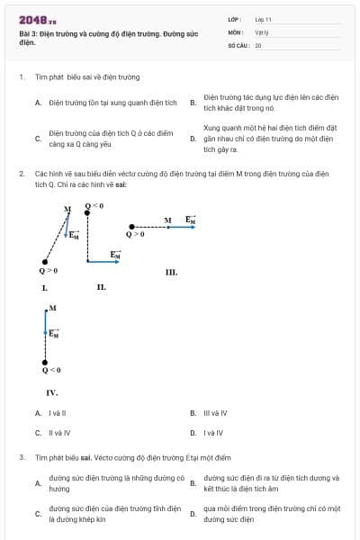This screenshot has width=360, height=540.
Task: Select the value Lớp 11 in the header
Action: click(x=263, y=19)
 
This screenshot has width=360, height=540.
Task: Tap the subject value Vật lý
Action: click(x=262, y=31)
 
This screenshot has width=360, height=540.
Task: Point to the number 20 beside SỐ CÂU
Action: click(x=258, y=44)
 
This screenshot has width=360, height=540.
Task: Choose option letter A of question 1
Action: click(x=38, y=103)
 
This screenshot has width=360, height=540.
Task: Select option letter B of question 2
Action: click(x=193, y=413)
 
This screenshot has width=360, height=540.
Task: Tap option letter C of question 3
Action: click(x=38, y=514)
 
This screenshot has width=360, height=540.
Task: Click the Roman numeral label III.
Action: click(x=171, y=272)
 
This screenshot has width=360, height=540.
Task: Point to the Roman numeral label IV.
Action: click(x=51, y=392)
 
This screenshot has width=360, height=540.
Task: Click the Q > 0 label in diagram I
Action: click(x=49, y=270)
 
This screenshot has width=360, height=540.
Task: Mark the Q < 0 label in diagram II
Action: click(x=94, y=206)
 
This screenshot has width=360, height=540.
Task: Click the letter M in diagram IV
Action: click(x=53, y=308)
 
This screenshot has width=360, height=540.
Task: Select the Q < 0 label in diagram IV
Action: click(x=51, y=370)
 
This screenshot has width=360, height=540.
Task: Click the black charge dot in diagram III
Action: click(x=133, y=227)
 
